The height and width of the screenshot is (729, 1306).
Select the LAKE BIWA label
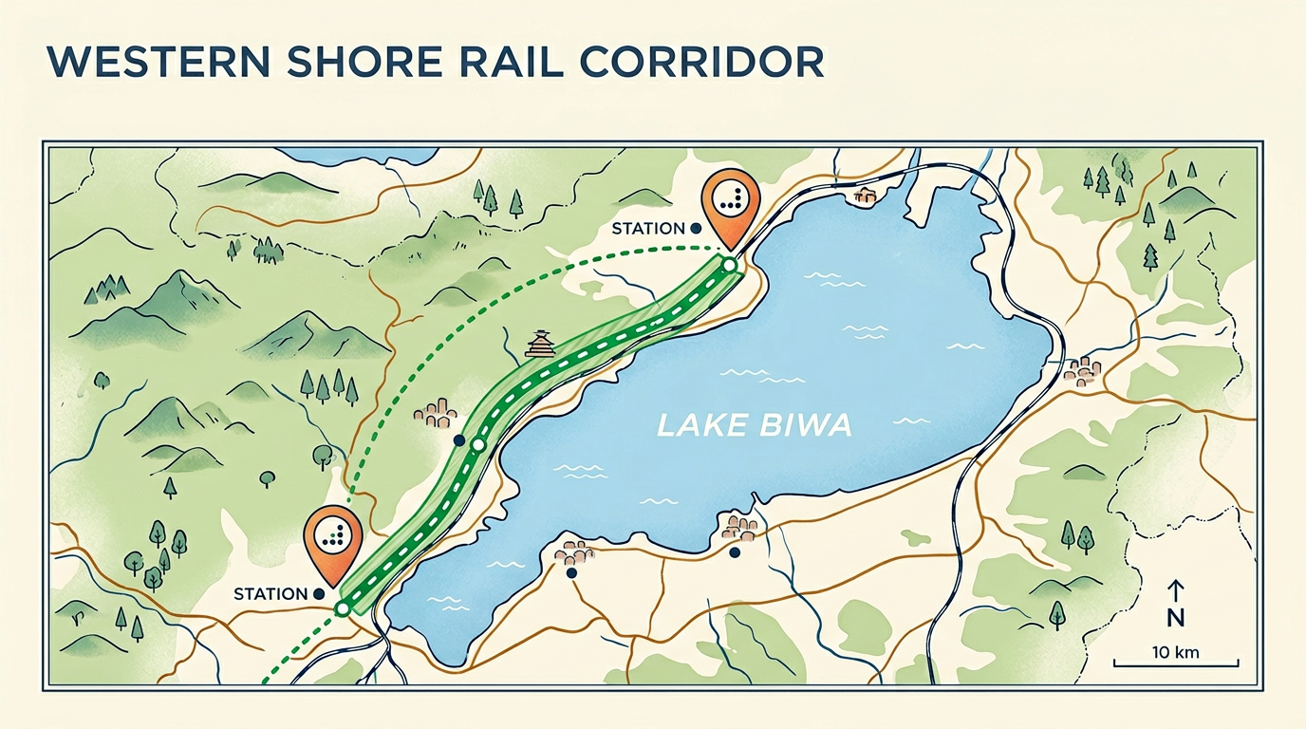tap(754, 426)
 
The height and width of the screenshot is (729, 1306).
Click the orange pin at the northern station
tap(729, 199)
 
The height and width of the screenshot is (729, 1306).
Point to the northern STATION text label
tap(647, 229)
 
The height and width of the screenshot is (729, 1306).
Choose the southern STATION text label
tap(271, 594)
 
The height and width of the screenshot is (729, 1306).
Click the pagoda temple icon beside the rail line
tap(540, 345)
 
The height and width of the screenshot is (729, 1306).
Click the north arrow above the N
tap(1175, 591)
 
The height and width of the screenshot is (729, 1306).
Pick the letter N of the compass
tap(1175, 619)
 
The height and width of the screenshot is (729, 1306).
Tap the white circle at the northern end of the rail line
tap(728, 266)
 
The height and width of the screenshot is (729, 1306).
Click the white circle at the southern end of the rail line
tap(342, 607)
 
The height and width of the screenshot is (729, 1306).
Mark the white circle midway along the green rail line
tap(477, 444)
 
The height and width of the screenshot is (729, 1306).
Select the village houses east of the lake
tap(1082, 371)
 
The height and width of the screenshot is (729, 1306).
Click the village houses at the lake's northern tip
tap(864, 196)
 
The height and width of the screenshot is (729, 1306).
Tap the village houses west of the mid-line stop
tap(436, 414)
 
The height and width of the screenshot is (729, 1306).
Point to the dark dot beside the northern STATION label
tap(696, 229)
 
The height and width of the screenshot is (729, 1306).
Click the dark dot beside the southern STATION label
tap(318, 594)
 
